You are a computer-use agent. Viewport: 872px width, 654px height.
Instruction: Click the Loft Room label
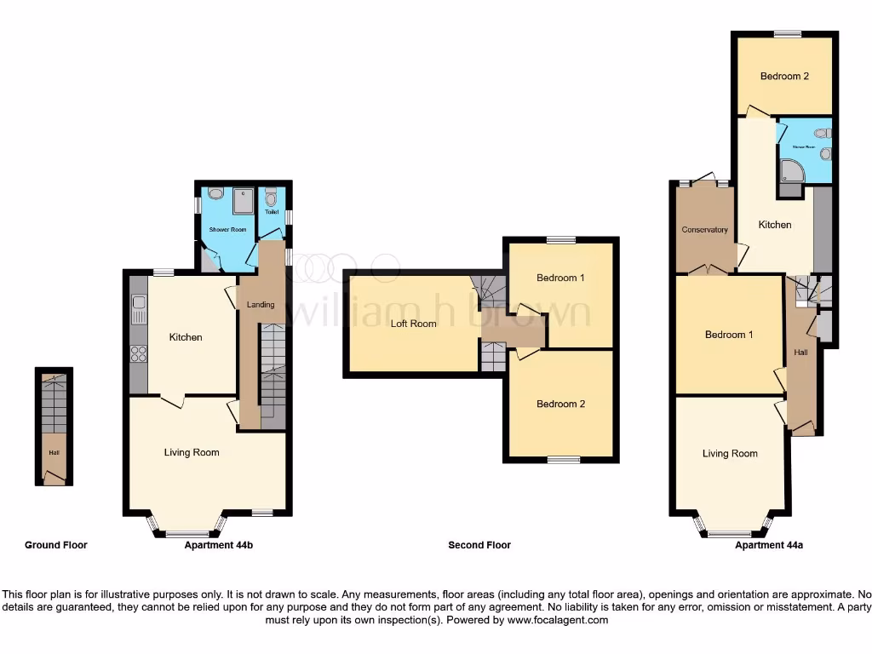pos(413,324)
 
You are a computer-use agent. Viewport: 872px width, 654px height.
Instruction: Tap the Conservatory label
pos(704,230)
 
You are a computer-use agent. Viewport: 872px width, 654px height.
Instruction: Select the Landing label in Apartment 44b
pos(261,305)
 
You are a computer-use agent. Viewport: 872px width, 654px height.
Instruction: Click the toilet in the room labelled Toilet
pos(272,199)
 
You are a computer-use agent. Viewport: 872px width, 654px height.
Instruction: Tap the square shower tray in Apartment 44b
pos(242,199)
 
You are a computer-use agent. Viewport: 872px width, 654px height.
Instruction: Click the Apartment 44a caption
pos(768,545)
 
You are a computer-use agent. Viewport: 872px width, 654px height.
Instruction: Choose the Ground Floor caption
pos(56,545)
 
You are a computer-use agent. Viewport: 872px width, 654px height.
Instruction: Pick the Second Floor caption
pos(479,545)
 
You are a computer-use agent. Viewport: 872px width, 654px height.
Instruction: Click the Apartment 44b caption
pos(219,545)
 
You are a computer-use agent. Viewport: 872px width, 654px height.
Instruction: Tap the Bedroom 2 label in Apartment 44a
pos(784,76)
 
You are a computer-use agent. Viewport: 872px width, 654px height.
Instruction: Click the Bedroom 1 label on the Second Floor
pos(560,278)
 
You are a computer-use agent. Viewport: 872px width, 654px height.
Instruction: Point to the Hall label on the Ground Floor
pos(54,452)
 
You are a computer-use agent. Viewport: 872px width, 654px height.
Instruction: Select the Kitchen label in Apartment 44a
pos(775,225)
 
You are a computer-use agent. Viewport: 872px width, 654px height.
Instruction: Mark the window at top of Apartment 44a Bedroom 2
pos(788,34)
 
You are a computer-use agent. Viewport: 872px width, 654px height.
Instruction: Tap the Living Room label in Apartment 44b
pos(192,452)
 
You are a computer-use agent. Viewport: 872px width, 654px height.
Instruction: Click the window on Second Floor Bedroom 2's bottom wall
pos(563,460)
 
